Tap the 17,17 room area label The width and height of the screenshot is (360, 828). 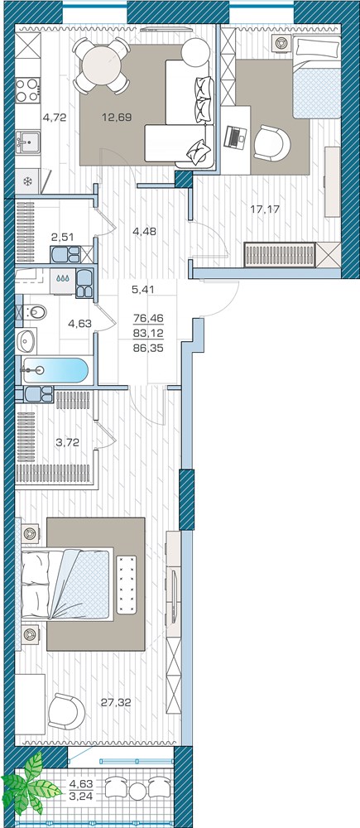[x=265, y=209]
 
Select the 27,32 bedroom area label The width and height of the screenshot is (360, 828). [x=116, y=702]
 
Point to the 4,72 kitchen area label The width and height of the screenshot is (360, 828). [x=55, y=118]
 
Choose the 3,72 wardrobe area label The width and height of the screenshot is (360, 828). [x=68, y=442]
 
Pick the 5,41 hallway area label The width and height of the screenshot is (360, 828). [x=143, y=289]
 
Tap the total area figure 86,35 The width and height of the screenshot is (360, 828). [x=150, y=349]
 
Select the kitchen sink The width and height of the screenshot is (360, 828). [x=27, y=141]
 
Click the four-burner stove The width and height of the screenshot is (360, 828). [x=27, y=89]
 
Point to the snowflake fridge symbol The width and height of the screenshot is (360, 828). [x=27, y=181]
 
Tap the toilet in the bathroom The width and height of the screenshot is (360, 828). [x=34, y=313]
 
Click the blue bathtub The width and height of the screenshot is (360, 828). [x=55, y=370]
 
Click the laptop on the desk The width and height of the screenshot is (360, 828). [x=233, y=137]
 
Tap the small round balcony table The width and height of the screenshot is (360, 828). [x=137, y=790]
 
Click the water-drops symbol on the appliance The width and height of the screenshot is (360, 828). [x=63, y=277]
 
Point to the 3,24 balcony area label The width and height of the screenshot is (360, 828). [x=80, y=795]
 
